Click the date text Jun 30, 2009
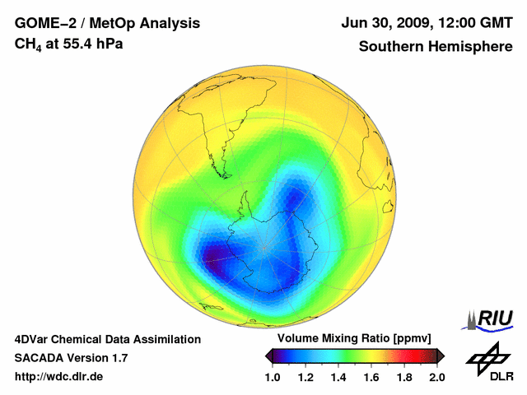pos(384,23)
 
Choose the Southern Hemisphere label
pos(435,46)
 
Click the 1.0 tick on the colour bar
pos(273,377)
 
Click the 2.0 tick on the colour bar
pos(436,377)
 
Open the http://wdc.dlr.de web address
pos(59,377)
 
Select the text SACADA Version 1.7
pos(71,358)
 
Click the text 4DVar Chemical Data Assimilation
pos(107,339)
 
